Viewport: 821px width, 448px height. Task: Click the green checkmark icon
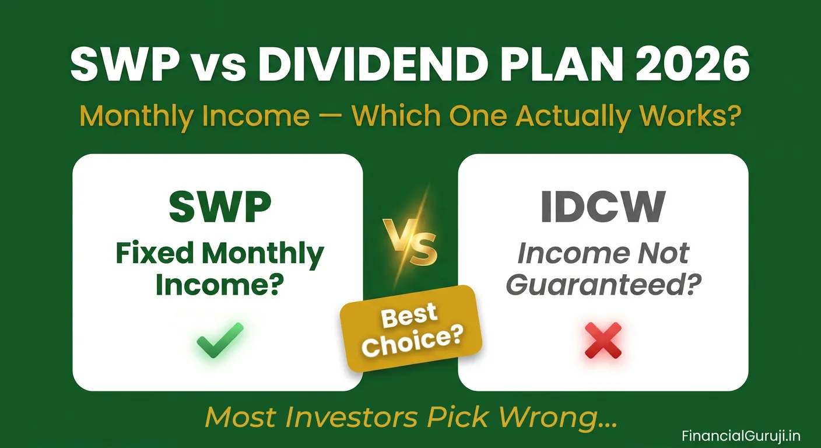pos(219,340)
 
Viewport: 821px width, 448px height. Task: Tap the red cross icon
pos(603,341)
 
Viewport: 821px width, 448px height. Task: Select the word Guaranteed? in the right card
pos(604,285)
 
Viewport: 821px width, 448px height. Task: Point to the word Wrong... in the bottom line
pos(559,416)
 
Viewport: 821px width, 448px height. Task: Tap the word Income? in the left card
pos(220,285)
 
